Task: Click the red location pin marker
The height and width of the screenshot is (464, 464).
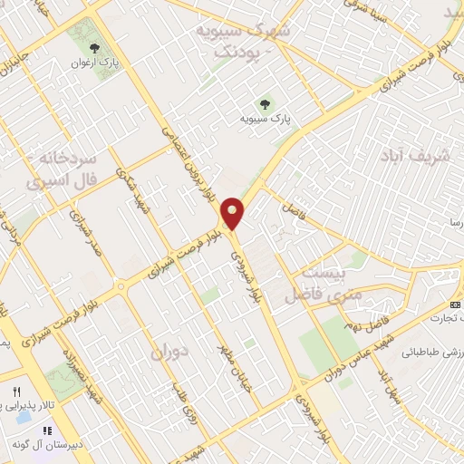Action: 234,213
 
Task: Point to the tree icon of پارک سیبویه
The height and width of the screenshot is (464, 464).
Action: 266,103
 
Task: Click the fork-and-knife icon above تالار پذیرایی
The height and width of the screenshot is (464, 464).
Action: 15,391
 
